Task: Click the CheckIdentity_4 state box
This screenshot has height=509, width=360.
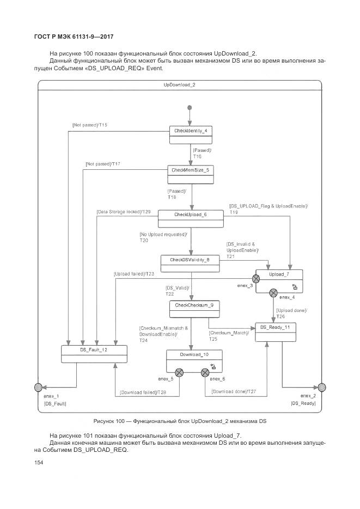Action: pyautogui.click(x=190, y=135)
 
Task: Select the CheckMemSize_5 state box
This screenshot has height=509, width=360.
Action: pyautogui.click(x=190, y=175)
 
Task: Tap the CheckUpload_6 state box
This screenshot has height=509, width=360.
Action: pyautogui.click(x=190, y=219)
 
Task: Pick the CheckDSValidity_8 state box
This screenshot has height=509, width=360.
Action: pyautogui.click(x=190, y=264)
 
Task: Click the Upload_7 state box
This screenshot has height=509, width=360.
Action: pyautogui.click(x=280, y=281)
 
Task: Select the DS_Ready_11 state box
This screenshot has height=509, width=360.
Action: pyautogui.click(x=276, y=332)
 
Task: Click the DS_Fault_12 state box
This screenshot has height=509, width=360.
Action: pyautogui.click(x=94, y=354)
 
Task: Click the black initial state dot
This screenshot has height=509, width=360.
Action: pyautogui.click(x=190, y=107)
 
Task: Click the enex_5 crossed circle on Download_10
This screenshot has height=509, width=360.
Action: pyautogui.click(x=179, y=372)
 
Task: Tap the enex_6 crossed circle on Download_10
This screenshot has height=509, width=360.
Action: pyautogui.click(x=205, y=372)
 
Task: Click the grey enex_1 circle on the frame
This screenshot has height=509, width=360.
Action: pyautogui.click(x=38, y=388)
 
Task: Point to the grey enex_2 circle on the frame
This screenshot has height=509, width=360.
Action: pyautogui.click(x=321, y=388)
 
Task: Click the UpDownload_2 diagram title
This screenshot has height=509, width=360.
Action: pyautogui.click(x=180, y=85)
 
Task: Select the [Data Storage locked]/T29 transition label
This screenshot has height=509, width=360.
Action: pyautogui.click(x=124, y=211)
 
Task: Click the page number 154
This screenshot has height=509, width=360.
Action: pyautogui.click(x=39, y=463)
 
